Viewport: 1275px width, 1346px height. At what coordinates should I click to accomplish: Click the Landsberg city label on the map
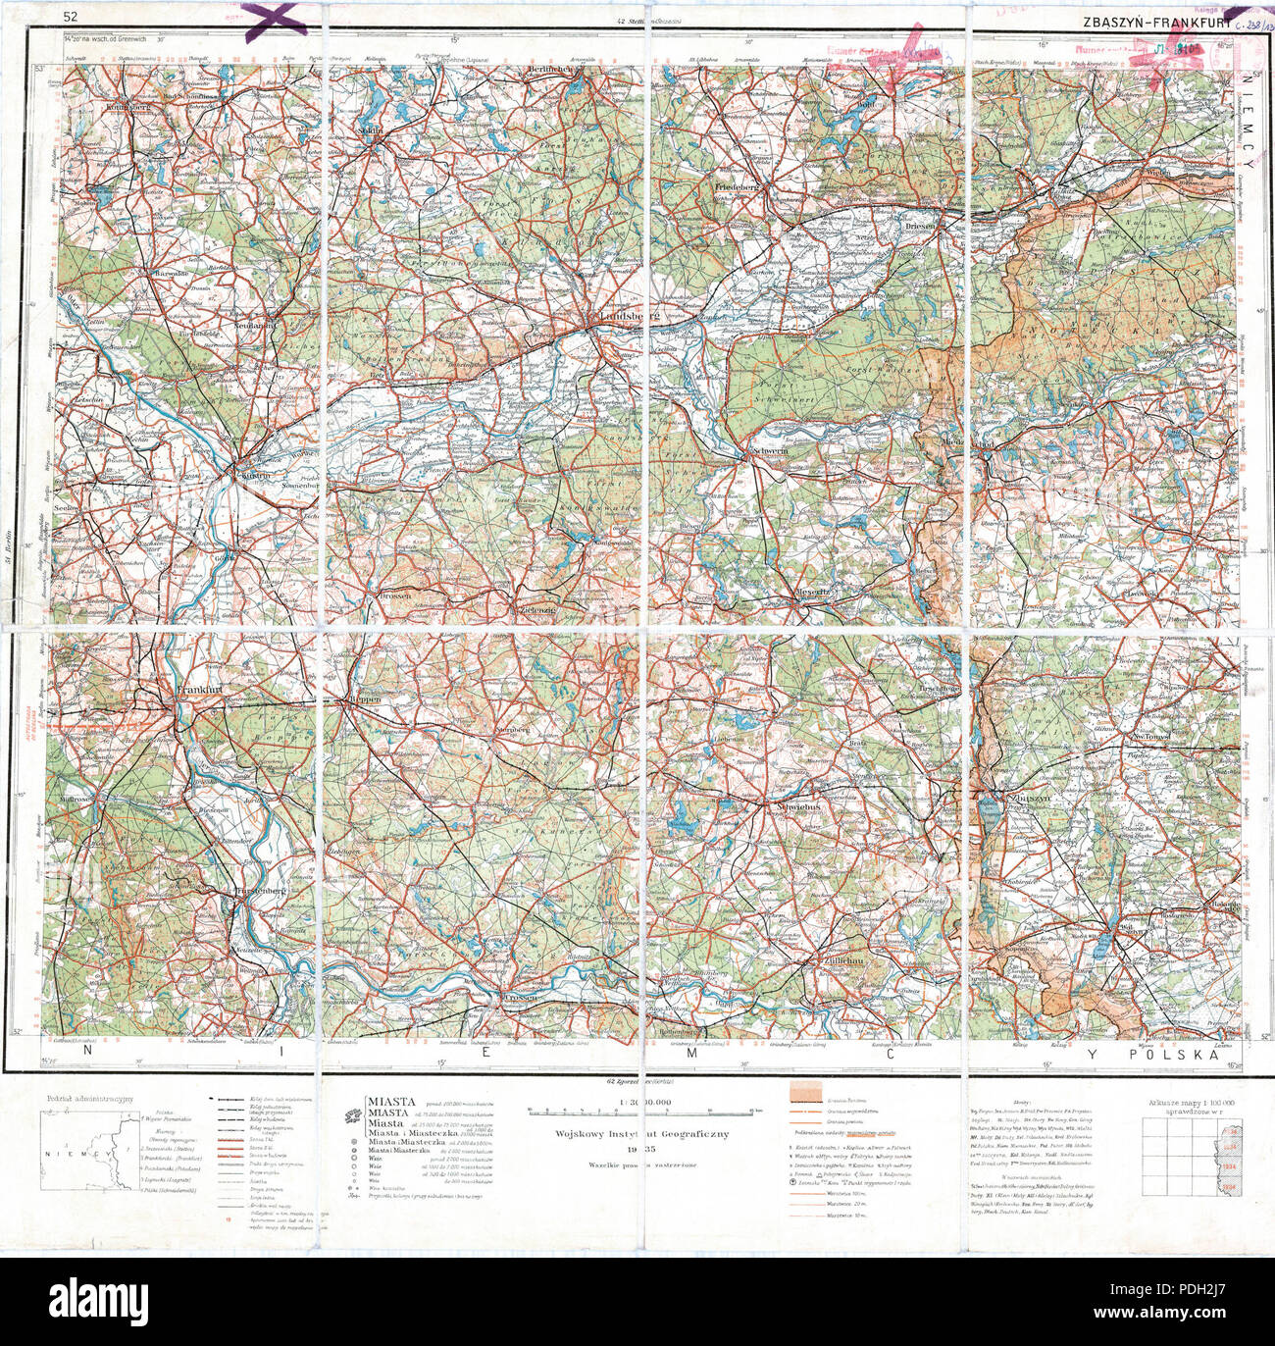coord(627,316)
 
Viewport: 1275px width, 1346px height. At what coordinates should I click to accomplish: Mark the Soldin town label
coord(370,129)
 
